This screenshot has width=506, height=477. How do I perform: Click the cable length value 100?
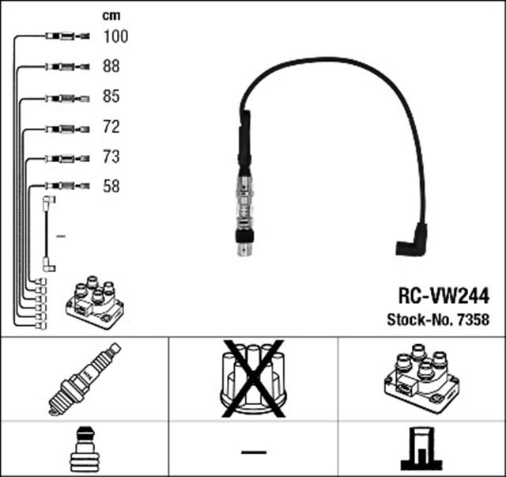click(x=115, y=36)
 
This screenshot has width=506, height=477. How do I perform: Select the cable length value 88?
click(x=111, y=66)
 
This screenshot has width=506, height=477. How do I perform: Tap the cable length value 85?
click(x=111, y=97)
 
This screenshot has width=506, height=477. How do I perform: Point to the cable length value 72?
click(x=111, y=127)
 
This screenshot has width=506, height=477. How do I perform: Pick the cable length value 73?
click(x=111, y=157)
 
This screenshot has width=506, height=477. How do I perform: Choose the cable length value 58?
click(x=111, y=187)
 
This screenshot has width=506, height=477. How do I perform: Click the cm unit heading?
click(x=111, y=15)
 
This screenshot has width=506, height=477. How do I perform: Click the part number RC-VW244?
click(x=443, y=296)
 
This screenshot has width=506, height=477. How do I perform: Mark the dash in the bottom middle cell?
click(x=253, y=451)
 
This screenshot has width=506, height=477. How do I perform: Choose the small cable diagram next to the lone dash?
click(x=47, y=235)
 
